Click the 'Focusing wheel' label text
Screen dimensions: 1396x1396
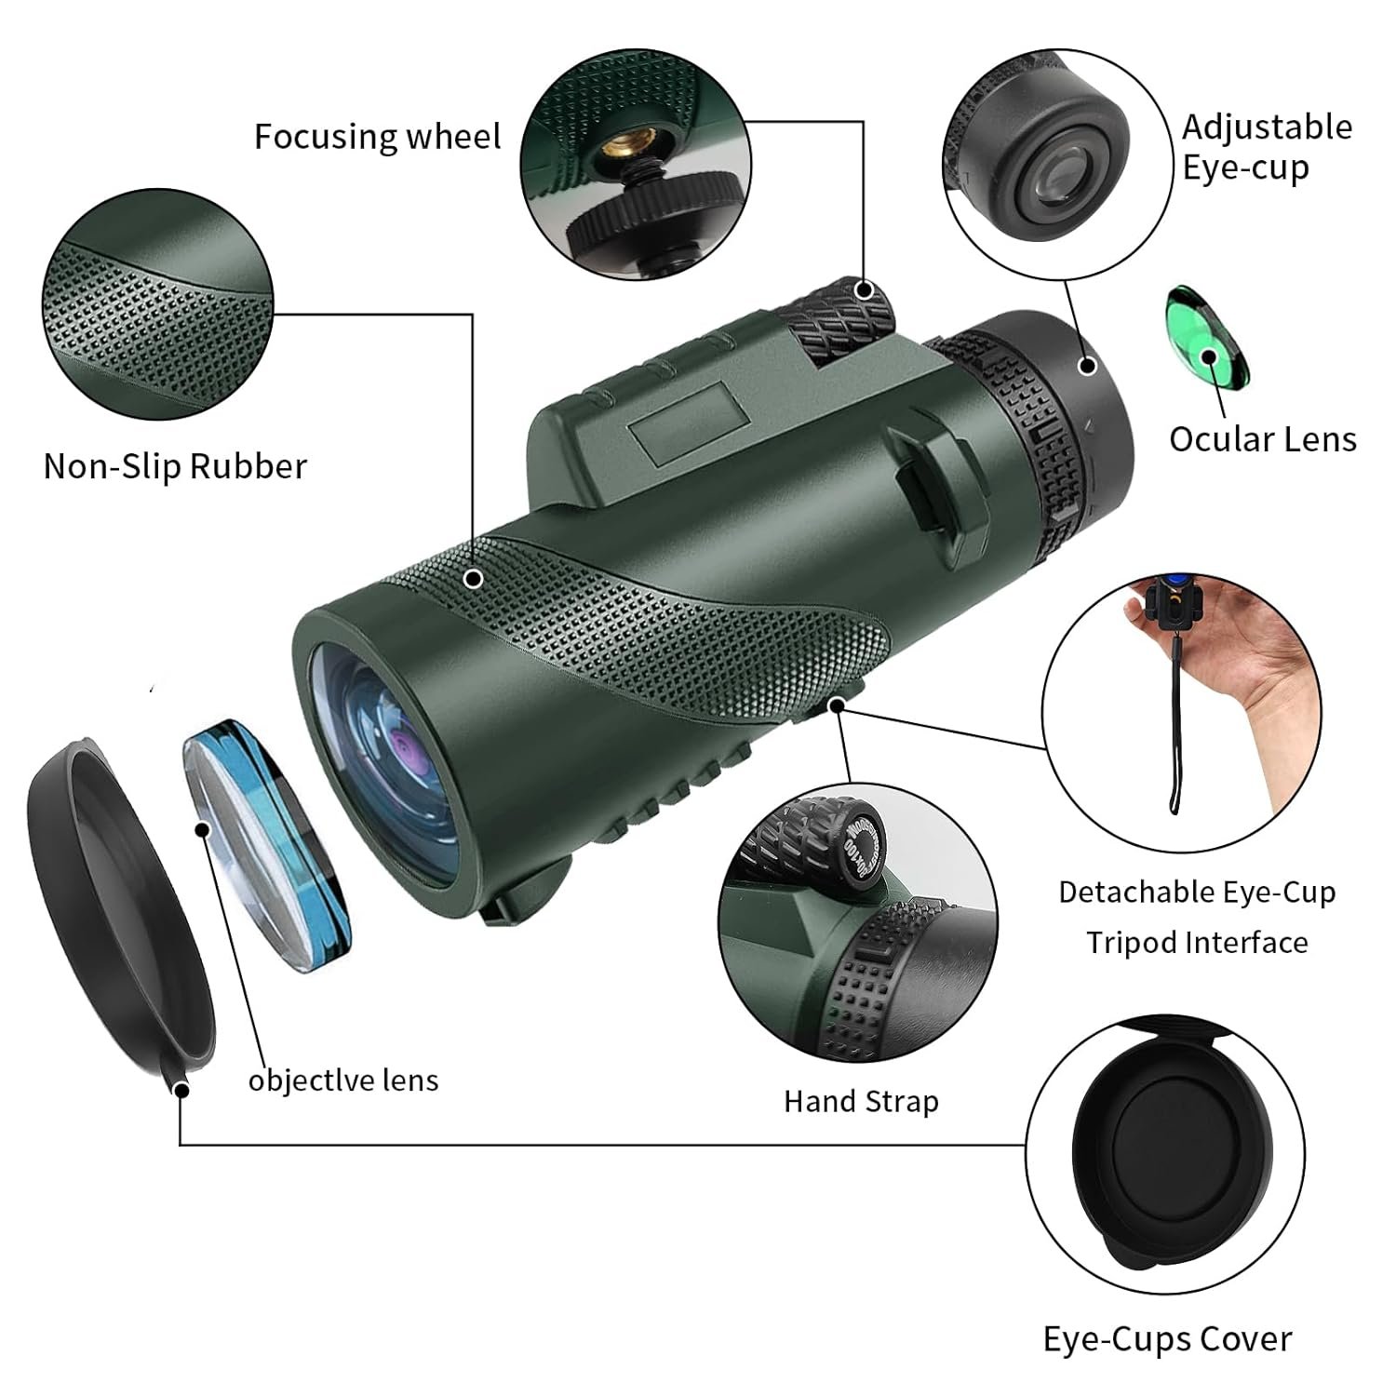tap(377, 137)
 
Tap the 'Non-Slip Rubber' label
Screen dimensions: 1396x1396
tap(175, 466)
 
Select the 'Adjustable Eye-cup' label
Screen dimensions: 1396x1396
tap(1267, 147)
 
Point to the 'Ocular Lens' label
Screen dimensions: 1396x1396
tap(1262, 439)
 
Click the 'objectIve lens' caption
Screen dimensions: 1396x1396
tap(342, 1081)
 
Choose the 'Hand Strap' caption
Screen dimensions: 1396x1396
tap(861, 1102)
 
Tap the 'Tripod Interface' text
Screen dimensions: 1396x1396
tap(1197, 943)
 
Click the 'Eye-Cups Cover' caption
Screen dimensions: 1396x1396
tap(1167, 1339)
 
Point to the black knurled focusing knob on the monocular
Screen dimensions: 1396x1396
tap(835, 321)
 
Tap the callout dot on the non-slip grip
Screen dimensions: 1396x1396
tap(474, 579)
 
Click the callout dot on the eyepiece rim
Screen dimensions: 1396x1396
tap(1087, 365)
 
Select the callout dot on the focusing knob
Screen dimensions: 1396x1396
tap(865, 289)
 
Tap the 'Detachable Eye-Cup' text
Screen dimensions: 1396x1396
tap(1197, 893)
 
